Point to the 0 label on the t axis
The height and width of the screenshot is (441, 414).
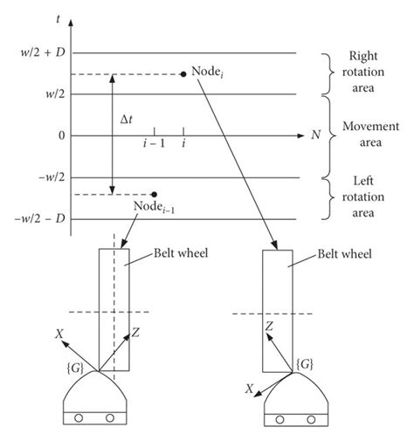(x=62, y=136)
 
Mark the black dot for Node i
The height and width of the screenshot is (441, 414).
(x=183, y=74)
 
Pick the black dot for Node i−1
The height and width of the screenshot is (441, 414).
(x=154, y=194)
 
